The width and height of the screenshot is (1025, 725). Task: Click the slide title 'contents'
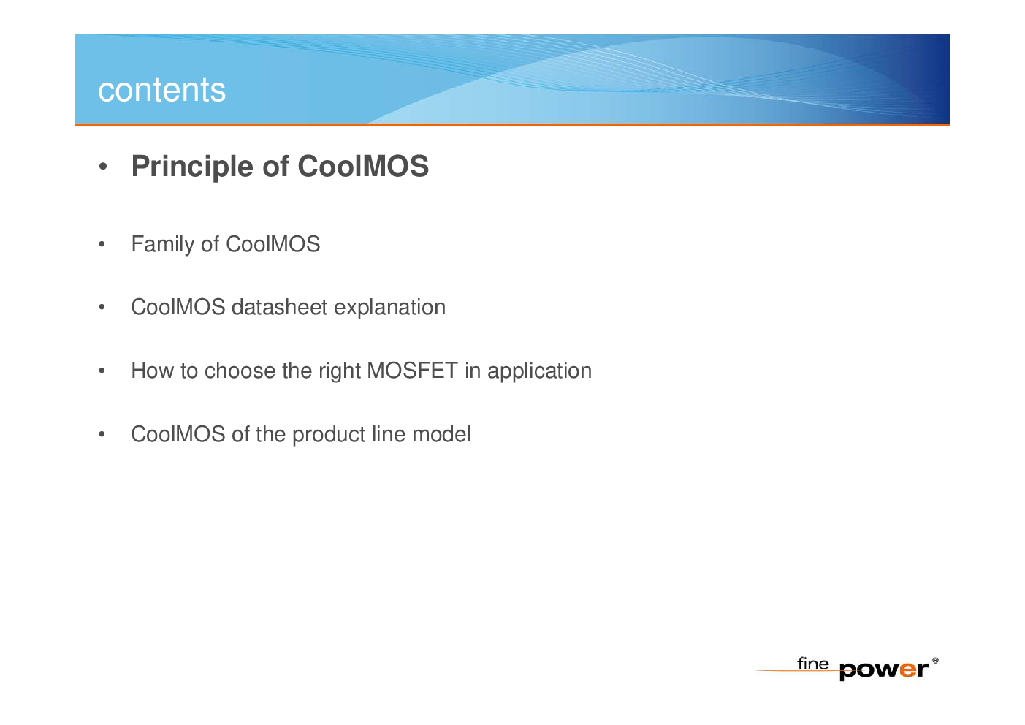(x=161, y=90)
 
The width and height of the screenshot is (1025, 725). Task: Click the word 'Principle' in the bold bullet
(x=192, y=167)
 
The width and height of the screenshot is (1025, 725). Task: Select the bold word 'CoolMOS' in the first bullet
(x=363, y=166)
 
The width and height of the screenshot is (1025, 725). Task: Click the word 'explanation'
(x=389, y=308)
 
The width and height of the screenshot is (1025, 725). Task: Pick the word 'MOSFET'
(x=412, y=371)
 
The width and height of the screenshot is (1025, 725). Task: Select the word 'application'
(x=539, y=371)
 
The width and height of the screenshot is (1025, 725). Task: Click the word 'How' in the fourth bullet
(x=153, y=371)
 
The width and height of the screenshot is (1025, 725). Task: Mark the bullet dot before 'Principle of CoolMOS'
(x=103, y=167)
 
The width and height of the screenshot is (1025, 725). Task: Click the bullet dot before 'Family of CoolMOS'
(x=102, y=244)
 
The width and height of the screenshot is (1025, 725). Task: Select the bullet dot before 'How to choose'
(x=102, y=371)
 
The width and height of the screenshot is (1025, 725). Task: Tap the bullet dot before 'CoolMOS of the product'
(x=102, y=434)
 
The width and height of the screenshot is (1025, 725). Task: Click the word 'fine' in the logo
(x=812, y=663)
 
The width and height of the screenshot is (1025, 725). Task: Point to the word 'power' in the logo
(x=883, y=671)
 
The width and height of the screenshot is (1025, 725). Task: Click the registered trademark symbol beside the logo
(x=935, y=661)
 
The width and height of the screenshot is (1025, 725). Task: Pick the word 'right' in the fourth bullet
(x=340, y=371)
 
